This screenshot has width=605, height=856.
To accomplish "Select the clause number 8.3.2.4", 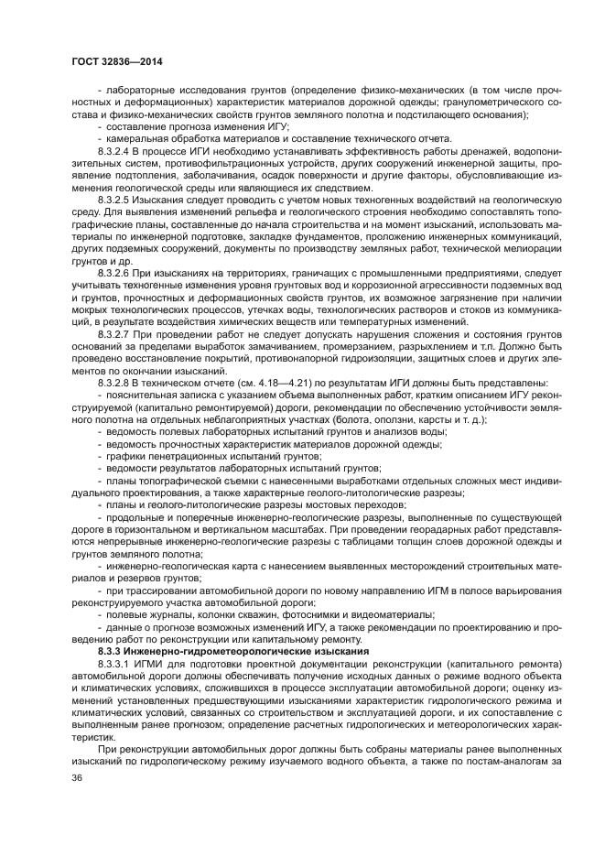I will pos(115,148).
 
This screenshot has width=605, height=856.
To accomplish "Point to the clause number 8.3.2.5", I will pos(115,197).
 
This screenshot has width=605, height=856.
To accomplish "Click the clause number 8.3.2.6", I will pos(115,272).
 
